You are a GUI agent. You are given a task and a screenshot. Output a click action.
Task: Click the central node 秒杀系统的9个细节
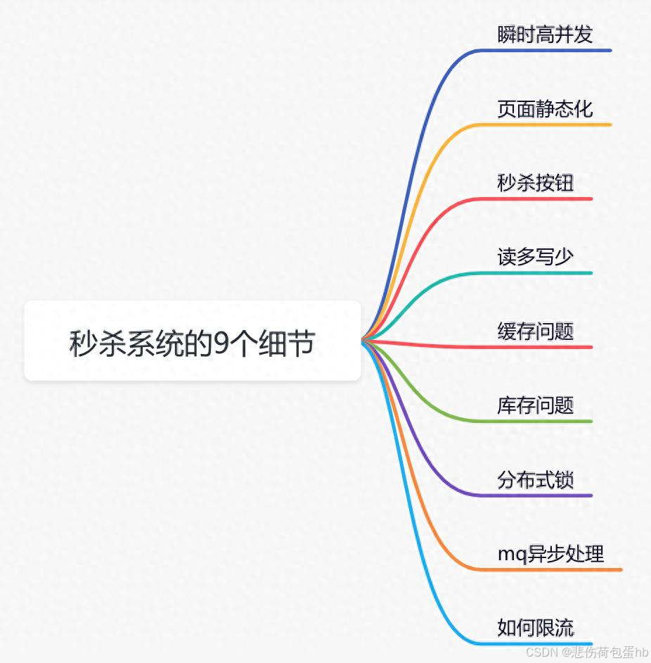pos(192,342)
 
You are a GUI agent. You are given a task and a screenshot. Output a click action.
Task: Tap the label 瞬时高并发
pos(545,34)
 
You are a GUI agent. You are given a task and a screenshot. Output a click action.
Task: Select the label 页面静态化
pos(545,108)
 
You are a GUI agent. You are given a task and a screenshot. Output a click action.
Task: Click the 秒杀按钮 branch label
pos(535,183)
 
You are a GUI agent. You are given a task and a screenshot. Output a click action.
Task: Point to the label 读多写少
pos(535,257)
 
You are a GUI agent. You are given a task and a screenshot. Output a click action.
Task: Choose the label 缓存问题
pos(535,331)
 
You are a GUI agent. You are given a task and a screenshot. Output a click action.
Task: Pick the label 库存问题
pos(535,405)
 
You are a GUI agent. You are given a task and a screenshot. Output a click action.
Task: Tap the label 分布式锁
pos(535,480)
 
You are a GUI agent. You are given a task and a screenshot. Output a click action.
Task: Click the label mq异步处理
pos(550,554)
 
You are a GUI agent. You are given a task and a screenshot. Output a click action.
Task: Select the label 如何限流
pos(535,628)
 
